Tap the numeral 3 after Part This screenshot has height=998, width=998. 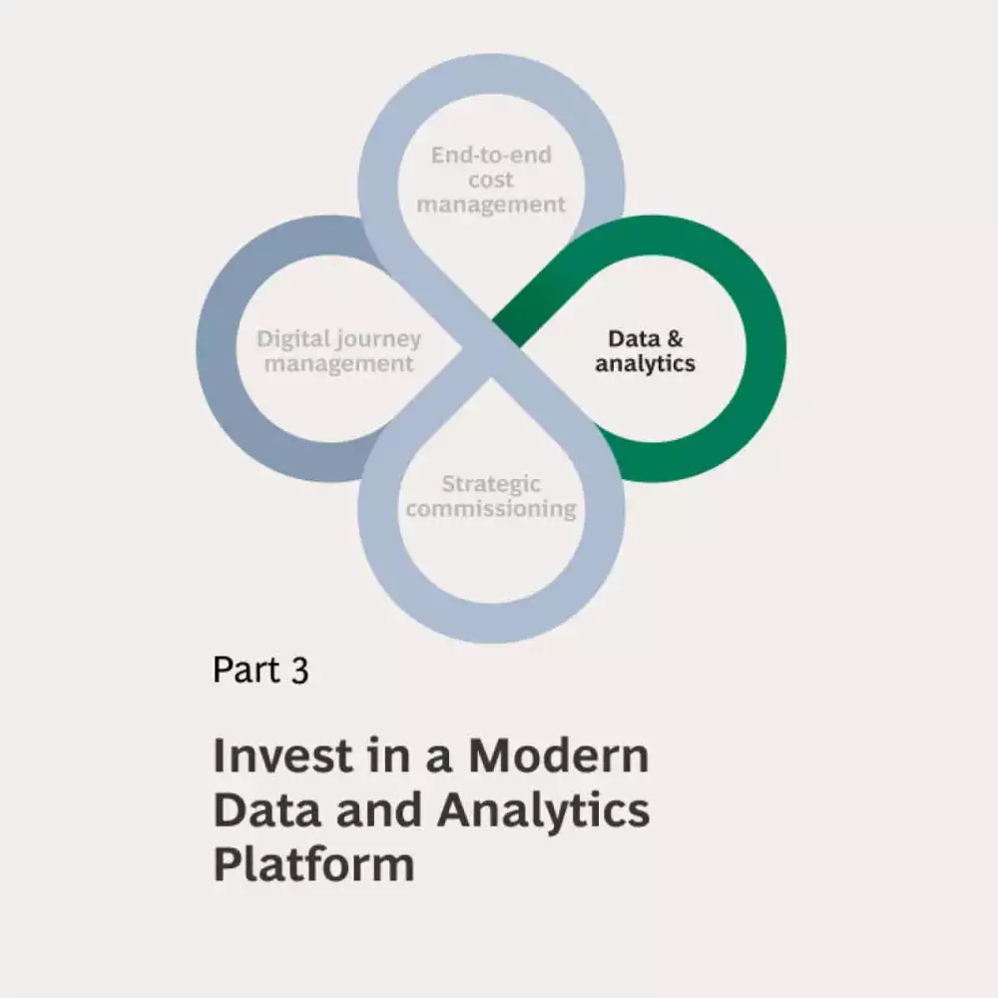coord(299,670)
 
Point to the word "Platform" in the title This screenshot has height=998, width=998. coord(313,864)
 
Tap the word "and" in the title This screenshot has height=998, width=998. coord(378,810)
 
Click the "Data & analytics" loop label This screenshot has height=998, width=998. coord(646,351)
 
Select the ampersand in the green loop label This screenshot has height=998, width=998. coord(676,339)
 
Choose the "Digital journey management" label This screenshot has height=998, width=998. coord(339,351)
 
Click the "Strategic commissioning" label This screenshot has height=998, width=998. coord(491,496)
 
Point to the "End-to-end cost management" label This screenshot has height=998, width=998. coord(491,180)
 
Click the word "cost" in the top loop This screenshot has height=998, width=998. coord(491,180)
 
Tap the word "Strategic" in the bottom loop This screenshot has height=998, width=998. coord(491,484)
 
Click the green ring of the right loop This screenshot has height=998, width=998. coord(763,349)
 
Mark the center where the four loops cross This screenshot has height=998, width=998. coord(491,347)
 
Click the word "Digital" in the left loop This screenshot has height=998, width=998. coord(293,339)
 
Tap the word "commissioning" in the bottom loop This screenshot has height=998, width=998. coord(491,509)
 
